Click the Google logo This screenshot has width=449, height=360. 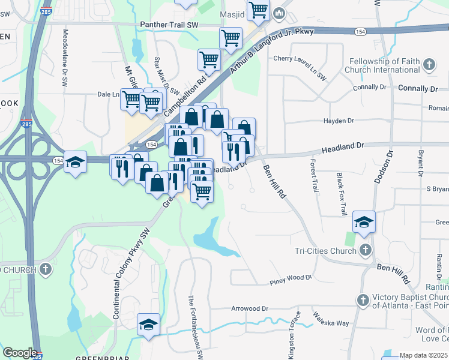coord(20,353)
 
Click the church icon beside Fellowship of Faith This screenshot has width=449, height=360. coord(430,64)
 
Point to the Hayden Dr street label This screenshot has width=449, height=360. coord(343,121)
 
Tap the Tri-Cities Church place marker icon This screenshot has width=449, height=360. coord(366,250)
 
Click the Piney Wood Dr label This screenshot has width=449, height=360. coord(291,278)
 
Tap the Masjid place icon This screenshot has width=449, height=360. coord(279,13)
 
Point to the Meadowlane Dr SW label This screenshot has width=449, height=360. coord(65,60)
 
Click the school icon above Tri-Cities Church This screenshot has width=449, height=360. coord(364,222)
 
